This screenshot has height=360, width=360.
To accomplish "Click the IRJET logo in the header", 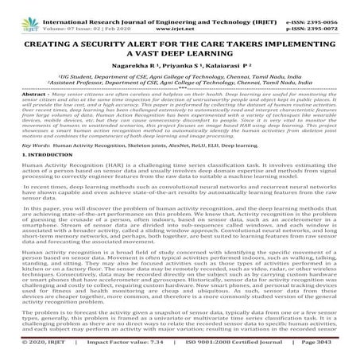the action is (17, 10).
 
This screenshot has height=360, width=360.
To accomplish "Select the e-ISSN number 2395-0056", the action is (337, 6).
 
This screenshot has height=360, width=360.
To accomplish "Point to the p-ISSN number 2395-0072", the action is (337, 15).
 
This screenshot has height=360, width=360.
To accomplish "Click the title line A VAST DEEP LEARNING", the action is (180, 45).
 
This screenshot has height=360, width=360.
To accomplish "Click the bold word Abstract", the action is (17, 95).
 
